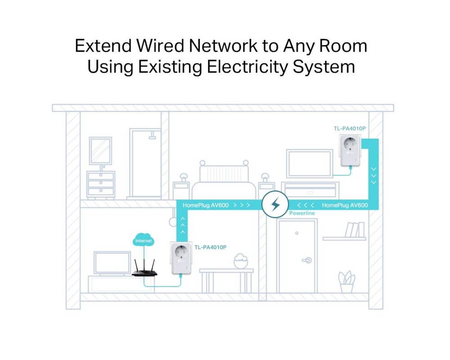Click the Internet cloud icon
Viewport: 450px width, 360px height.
[x=144, y=240]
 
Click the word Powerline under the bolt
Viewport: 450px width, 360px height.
[x=302, y=213]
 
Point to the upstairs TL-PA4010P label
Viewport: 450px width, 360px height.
[x=350, y=129]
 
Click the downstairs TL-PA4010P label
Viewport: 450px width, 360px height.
[x=210, y=247]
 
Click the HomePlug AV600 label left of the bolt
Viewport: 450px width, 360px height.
[x=206, y=205]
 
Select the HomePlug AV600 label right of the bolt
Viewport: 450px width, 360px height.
[x=345, y=205]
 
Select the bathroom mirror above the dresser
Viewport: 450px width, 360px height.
[x=100, y=151]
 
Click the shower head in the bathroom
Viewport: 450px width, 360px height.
[x=153, y=135]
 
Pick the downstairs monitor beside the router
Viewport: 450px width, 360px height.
[x=112, y=263]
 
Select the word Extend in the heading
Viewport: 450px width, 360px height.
[x=101, y=46]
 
